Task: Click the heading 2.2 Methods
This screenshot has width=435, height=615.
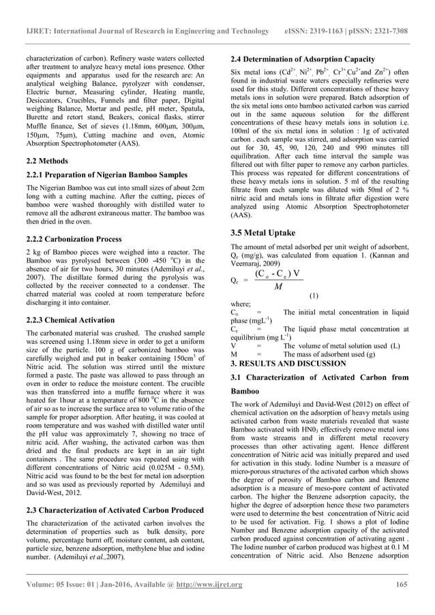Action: (x=47, y=161)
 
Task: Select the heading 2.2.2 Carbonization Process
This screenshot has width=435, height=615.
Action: (x=74, y=239)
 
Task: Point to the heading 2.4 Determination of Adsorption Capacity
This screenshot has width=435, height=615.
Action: (x=303, y=59)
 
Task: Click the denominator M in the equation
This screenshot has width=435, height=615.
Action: (x=278, y=287)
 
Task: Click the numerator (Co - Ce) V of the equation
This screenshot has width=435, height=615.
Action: (x=277, y=274)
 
